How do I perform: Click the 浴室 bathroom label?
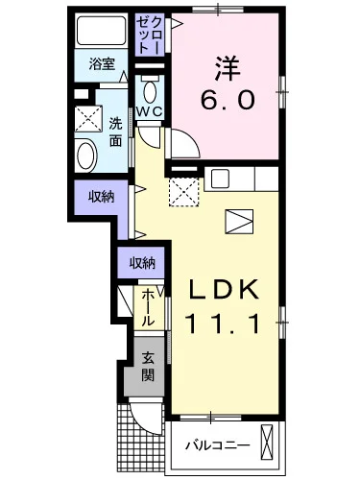pyautogui.click(x=102, y=64)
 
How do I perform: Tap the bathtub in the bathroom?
pyautogui.click(x=102, y=31)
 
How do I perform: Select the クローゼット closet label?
pyautogui.click(x=149, y=35)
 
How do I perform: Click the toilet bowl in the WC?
pyautogui.click(x=150, y=92)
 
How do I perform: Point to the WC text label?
pyautogui.click(x=150, y=111)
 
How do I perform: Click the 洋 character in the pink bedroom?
pyautogui.click(x=228, y=68)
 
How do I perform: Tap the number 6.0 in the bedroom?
pyautogui.click(x=228, y=100)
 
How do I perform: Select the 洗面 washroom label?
pyautogui.click(x=115, y=132)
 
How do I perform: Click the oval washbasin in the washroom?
pyautogui.click(x=86, y=156)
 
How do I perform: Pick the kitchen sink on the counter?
pyautogui.click(x=220, y=179)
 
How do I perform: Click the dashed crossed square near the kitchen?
pyautogui.click(x=183, y=192)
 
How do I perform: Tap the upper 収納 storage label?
pyautogui.click(x=102, y=197)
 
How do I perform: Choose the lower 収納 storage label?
pyautogui.click(x=142, y=263)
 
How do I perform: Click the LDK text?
pyautogui.click(x=224, y=289)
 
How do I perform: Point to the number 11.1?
pyautogui.click(x=224, y=324)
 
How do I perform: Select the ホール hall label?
pyautogui.click(x=148, y=307)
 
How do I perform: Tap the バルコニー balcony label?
pyautogui.click(x=218, y=445)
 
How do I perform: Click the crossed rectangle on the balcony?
pyautogui.click(x=267, y=442)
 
